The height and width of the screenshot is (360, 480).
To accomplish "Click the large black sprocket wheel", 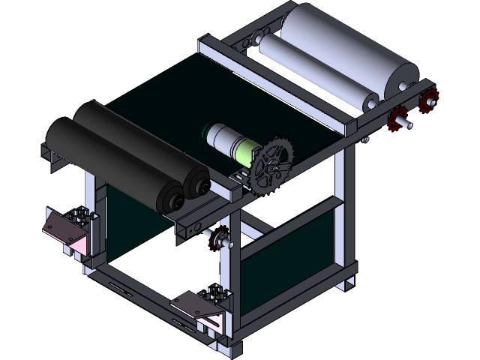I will (271, 167).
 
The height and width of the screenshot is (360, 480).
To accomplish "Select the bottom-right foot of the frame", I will (346, 283).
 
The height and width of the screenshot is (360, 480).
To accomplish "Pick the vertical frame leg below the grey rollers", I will (346, 210).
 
